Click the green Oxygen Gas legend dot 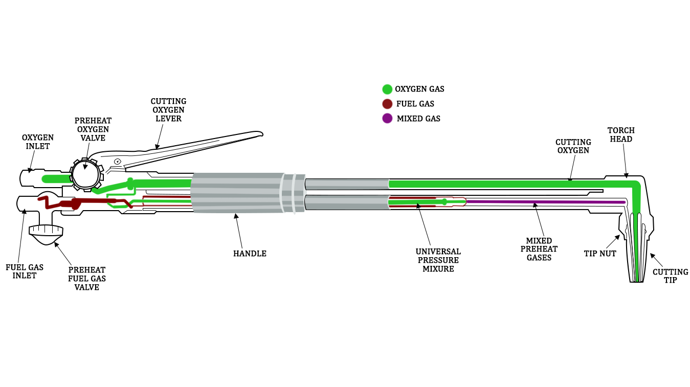pyautogui.click(x=387, y=89)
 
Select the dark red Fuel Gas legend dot pyautogui.click(x=387, y=104)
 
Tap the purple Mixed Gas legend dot pyautogui.click(x=387, y=119)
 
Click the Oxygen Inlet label pyautogui.click(x=37, y=142)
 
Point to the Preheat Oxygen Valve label pyautogui.click(x=93, y=129)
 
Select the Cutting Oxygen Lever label pyautogui.click(x=168, y=110)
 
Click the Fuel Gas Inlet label pyautogui.click(x=25, y=271)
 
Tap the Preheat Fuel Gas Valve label pyautogui.click(x=86, y=279)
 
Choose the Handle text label pyautogui.click(x=250, y=254)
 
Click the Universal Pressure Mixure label pyautogui.click(x=438, y=260)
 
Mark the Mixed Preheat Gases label pyautogui.click(x=539, y=249)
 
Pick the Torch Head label pyautogui.click(x=621, y=135)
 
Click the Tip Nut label pyautogui.click(x=600, y=254)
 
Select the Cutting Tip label pyautogui.click(x=670, y=276)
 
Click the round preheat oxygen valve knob pyautogui.click(x=85, y=174)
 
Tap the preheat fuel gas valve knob pyautogui.click(x=46, y=231)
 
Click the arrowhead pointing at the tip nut pyautogui.click(x=618, y=237)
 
